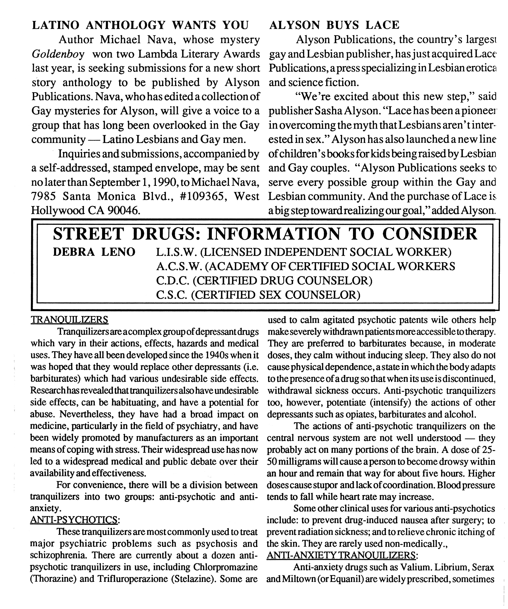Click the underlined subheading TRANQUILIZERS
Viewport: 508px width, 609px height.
click(70, 320)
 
